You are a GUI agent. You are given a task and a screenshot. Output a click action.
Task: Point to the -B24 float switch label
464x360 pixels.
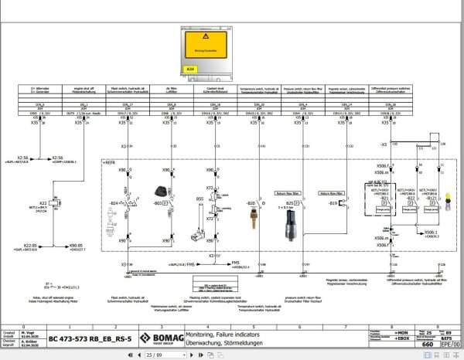coord(118,202)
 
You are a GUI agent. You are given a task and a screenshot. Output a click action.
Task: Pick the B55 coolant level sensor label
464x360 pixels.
coord(200,199)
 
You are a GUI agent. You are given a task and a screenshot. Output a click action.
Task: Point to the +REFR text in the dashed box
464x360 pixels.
coord(109,163)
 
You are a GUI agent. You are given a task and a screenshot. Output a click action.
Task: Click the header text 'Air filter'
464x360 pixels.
coord(171,88)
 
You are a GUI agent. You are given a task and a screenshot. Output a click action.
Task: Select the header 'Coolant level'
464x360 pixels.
coord(214,88)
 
